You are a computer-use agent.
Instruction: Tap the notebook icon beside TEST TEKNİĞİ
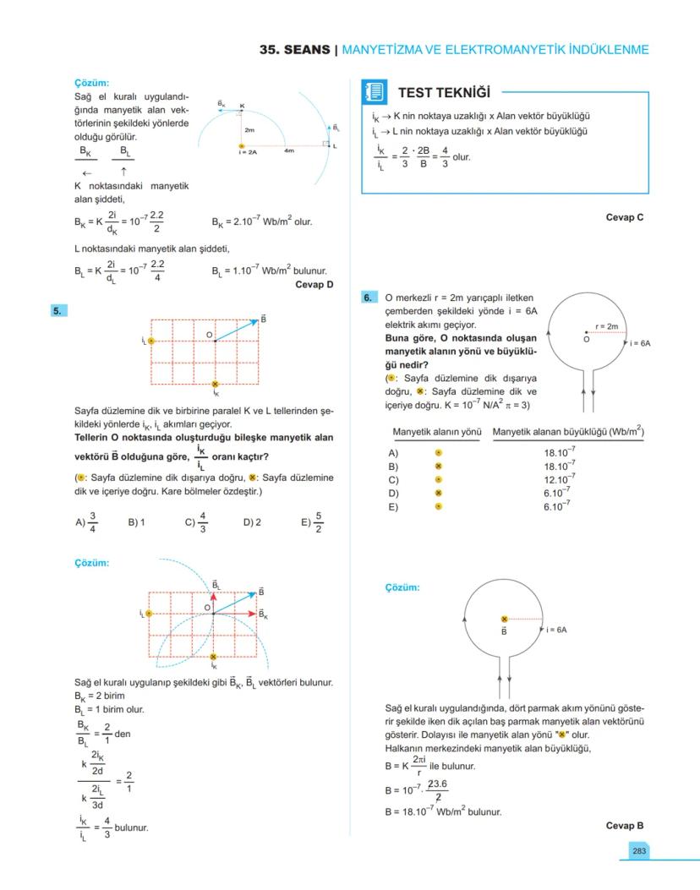point(375,91)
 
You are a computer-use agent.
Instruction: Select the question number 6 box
point(368,298)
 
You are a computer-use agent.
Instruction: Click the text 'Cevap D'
point(314,285)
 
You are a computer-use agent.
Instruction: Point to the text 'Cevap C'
point(625,217)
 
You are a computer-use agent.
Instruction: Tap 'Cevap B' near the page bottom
point(625,825)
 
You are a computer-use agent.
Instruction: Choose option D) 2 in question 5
point(252,522)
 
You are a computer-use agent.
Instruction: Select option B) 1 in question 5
point(137,522)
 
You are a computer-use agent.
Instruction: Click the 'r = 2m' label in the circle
point(607,325)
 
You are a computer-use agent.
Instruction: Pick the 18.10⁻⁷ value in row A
point(560,453)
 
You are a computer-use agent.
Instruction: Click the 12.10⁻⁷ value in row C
point(560,480)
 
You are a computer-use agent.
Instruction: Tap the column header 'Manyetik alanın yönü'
point(436,433)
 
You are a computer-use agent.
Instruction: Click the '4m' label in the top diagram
point(289,150)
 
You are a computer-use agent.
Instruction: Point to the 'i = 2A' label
point(248,152)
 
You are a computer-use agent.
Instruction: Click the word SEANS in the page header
point(308,50)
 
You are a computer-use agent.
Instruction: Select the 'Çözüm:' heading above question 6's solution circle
point(402,587)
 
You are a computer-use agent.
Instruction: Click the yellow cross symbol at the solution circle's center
point(505,620)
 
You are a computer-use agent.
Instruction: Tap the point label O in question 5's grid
point(208,336)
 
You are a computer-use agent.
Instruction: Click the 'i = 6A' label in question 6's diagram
point(640,344)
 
